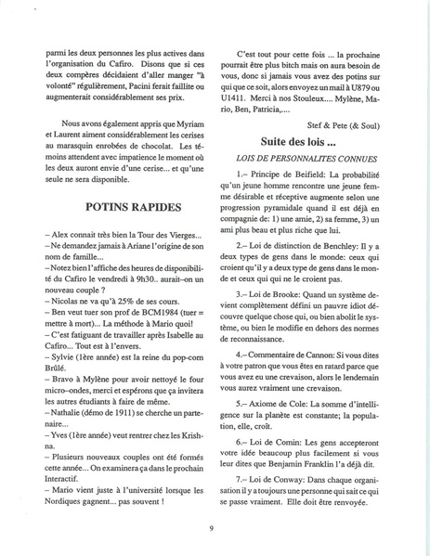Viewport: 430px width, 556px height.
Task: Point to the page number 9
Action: [x=214, y=529]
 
